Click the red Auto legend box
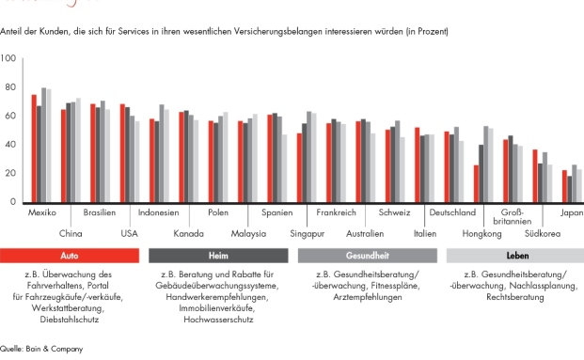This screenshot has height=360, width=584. click(x=70, y=255)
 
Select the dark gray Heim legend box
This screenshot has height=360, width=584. click(x=218, y=255)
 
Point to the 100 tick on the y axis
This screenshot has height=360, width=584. click(x=8, y=59)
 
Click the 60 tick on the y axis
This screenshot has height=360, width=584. click(x=8, y=117)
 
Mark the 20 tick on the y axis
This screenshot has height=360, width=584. click(x=8, y=174)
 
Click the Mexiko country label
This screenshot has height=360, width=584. click(x=41, y=213)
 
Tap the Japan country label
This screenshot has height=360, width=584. click(x=570, y=213)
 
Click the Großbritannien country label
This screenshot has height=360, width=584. click(x=512, y=218)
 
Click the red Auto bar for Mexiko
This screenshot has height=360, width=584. click(x=34, y=149)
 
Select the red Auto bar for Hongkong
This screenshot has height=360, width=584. click(x=476, y=184)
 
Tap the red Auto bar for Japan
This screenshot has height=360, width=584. click(x=564, y=186)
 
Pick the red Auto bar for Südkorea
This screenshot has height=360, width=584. click(x=535, y=176)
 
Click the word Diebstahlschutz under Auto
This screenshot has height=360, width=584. click(x=71, y=320)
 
